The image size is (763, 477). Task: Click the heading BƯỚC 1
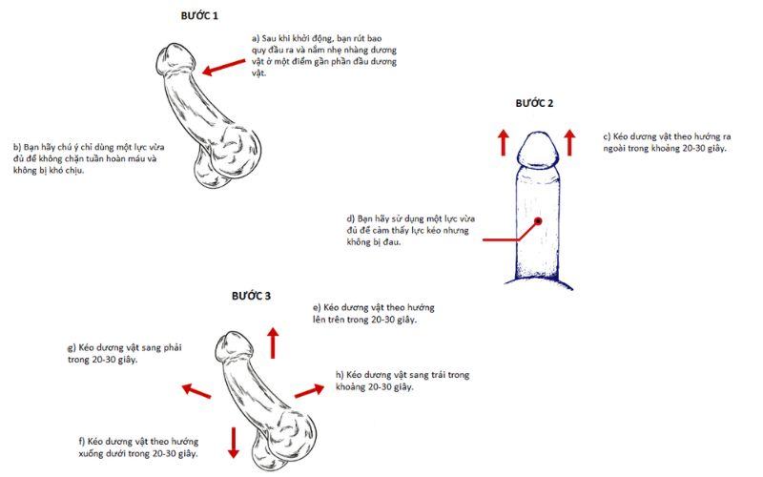pos(199,16)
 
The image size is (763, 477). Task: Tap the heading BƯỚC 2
pos(534,102)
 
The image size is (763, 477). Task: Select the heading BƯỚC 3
pos(252,296)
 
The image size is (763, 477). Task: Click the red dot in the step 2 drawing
pos(538,220)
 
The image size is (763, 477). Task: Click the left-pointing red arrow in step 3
pos(196,390)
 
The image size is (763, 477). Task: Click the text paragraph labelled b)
pos(84,158)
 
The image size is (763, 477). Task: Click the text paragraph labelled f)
pos(138,448)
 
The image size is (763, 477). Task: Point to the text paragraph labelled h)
pos(402,381)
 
